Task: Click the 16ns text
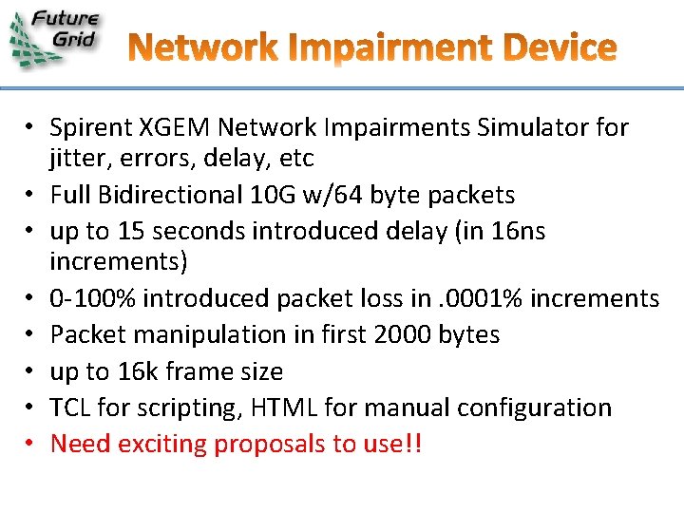click(517, 231)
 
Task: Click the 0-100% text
click(92, 298)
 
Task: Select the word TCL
click(69, 408)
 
